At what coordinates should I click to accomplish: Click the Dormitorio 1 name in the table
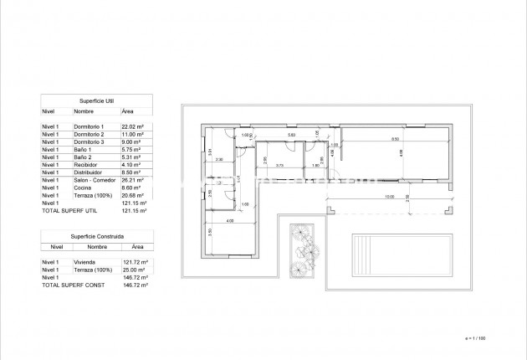click(x=90, y=126)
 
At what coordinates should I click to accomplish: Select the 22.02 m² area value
click(x=133, y=126)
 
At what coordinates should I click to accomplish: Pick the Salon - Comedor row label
click(x=93, y=180)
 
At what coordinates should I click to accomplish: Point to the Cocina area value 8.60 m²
click(x=132, y=188)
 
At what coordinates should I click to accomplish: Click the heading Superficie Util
click(x=97, y=99)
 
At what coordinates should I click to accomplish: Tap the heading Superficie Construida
click(x=97, y=237)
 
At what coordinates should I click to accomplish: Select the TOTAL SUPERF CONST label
click(x=69, y=285)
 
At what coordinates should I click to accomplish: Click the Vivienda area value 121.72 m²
click(x=134, y=263)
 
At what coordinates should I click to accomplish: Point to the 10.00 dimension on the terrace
click(x=389, y=198)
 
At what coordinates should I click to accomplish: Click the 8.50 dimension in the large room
click(x=395, y=140)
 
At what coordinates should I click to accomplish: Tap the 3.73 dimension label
click(x=280, y=166)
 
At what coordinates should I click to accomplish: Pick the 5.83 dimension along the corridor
click(x=291, y=135)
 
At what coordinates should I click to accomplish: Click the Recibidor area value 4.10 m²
click(x=132, y=165)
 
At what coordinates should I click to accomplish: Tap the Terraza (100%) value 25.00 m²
click(x=134, y=270)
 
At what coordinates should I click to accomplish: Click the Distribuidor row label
click(x=88, y=172)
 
